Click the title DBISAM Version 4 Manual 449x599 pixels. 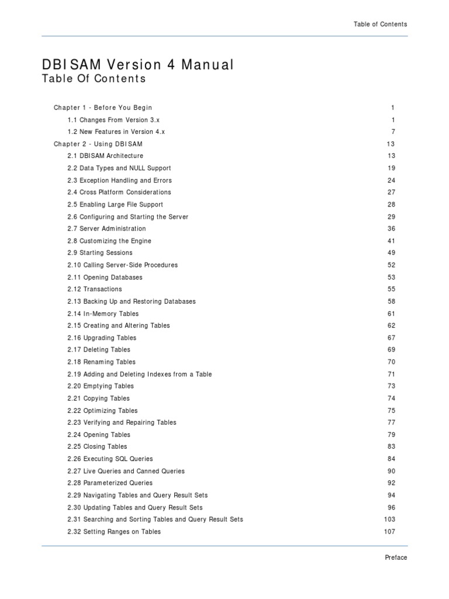click(137, 64)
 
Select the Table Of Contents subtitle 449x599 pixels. click(94, 79)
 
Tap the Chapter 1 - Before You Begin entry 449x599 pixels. click(103, 108)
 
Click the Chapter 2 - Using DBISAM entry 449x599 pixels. click(98, 144)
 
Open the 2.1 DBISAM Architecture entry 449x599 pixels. click(105, 156)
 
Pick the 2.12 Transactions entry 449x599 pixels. click(95, 290)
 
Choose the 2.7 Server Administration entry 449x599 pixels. click(106, 229)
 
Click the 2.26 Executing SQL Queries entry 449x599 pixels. click(110, 459)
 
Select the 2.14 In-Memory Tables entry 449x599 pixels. click(103, 314)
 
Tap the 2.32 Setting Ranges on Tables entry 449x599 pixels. click(114, 532)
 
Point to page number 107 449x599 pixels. click(389, 532)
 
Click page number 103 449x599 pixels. click(389, 519)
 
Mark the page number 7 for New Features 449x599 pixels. click(393, 132)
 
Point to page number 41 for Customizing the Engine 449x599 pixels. click(391, 241)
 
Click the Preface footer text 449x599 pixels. click(395, 557)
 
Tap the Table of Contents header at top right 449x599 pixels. click(380, 24)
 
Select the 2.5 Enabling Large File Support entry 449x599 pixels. click(115, 205)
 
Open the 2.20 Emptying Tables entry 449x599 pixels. click(101, 386)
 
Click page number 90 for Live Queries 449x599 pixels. click(391, 471)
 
